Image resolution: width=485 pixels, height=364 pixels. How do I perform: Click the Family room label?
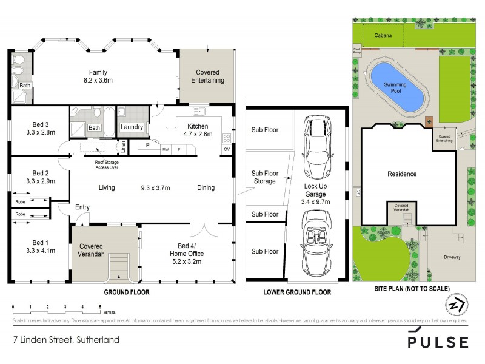(x=98, y=75)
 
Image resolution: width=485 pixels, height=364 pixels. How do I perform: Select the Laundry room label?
(x=132, y=127)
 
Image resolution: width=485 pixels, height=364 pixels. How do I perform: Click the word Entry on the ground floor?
(x=82, y=207)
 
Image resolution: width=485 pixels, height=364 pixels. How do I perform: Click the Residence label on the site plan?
(x=403, y=174)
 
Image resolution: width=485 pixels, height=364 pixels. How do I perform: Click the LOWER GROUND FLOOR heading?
(x=297, y=292)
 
